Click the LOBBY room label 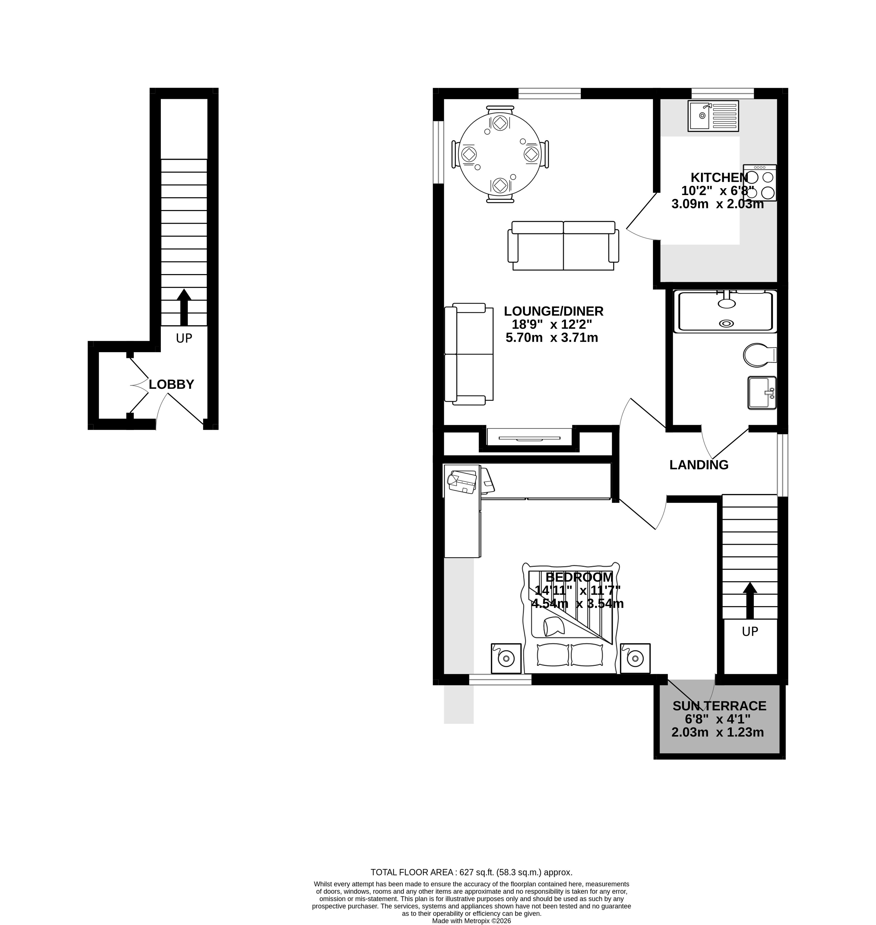click(x=171, y=385)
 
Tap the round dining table click(x=500, y=155)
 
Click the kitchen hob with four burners click(x=760, y=183)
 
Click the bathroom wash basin click(x=761, y=393)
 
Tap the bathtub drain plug click(x=727, y=323)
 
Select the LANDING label click(x=699, y=465)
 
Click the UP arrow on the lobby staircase click(x=184, y=306)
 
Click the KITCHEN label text click(x=719, y=177)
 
